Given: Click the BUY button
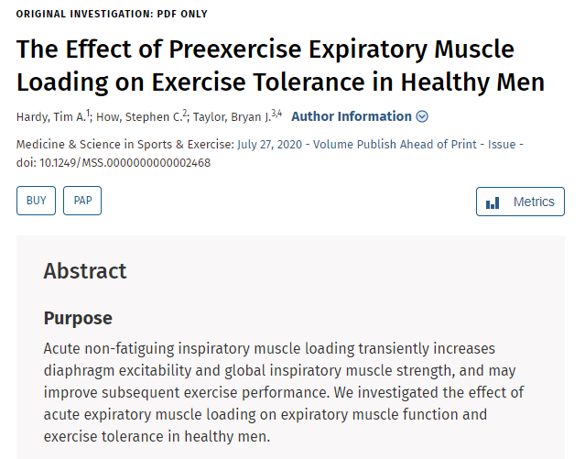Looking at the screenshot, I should pos(36,202).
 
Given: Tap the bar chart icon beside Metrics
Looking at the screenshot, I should pos(493,202).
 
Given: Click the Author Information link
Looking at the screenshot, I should pos(351,116).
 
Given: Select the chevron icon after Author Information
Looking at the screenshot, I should pos(422,116).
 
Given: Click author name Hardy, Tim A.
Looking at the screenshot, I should pos(50,116).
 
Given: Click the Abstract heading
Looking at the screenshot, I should pos(85,271).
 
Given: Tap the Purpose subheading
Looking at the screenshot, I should pos(78,319).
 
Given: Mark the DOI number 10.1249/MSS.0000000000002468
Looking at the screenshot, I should pos(114,162).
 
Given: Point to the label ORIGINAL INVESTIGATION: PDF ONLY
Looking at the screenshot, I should pos(112,14).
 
